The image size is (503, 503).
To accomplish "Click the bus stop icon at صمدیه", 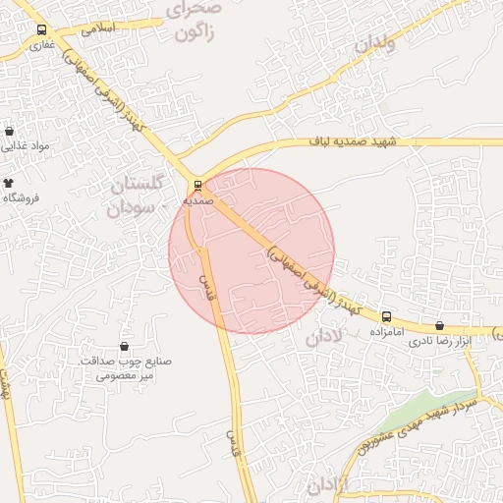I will tap(198, 184).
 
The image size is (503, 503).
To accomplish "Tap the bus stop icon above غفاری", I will tap(42, 30).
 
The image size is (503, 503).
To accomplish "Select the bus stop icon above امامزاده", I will tap(386, 317).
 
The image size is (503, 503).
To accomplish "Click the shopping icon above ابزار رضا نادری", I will tap(439, 325).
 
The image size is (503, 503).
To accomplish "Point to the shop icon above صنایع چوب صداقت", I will tap(125, 346).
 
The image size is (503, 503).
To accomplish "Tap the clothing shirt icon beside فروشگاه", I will tap(9, 184).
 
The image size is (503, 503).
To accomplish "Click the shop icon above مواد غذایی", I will tap(10, 131).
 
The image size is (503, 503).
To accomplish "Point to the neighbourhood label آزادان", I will tap(328, 484).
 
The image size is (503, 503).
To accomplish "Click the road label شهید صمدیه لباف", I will tap(372, 143).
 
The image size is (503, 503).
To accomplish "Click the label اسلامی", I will tap(98, 28).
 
